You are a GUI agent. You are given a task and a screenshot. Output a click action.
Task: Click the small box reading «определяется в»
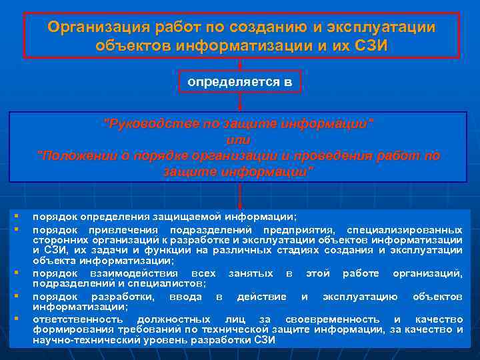(240, 81)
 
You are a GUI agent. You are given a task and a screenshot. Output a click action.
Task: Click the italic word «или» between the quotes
(238, 140)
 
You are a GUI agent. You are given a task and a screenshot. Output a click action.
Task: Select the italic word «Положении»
(77, 156)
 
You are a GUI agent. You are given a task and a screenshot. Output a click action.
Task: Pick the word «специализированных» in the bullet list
(413, 229)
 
